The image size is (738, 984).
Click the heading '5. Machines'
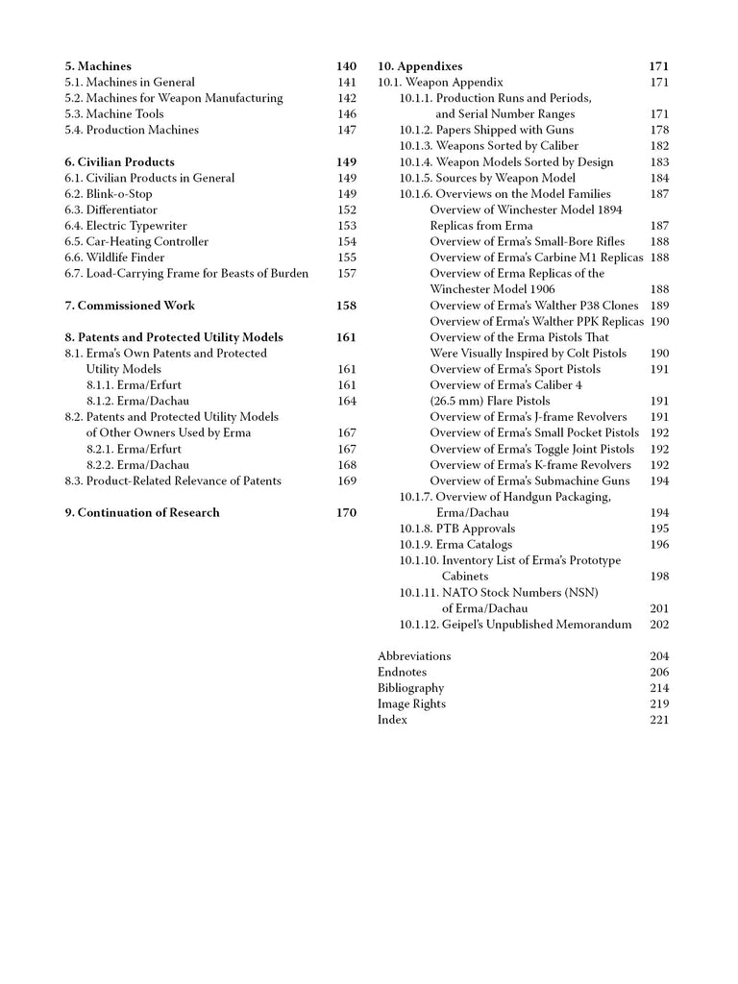98,66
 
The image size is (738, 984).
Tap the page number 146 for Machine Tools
346,114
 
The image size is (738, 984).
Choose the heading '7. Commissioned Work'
130,306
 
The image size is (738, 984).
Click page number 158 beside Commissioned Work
346,306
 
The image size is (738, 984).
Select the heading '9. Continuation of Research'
142,512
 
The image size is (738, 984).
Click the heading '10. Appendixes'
420,66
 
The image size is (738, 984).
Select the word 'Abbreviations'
414,656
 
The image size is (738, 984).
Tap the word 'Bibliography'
411,688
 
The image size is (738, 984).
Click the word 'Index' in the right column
392,720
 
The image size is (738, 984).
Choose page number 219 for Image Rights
659,704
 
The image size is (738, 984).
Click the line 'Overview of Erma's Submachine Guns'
530,480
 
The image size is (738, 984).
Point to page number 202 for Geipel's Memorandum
659,625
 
